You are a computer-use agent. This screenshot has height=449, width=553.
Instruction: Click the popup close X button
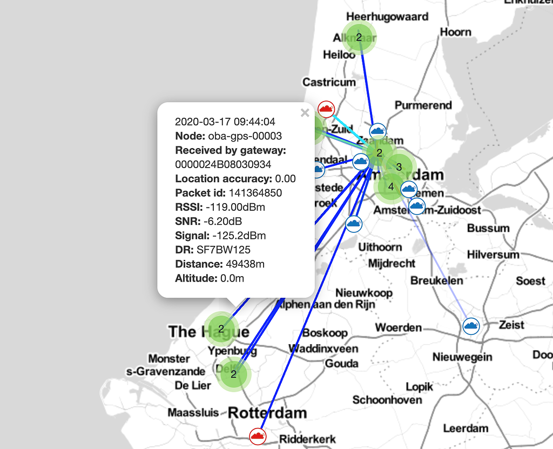(305, 112)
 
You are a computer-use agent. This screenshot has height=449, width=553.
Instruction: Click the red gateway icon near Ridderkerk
(258, 435)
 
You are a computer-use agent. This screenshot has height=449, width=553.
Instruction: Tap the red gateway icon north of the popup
(326, 109)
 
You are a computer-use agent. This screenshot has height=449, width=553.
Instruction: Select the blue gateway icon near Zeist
(471, 325)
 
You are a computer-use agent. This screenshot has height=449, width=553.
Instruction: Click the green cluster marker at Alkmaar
(359, 37)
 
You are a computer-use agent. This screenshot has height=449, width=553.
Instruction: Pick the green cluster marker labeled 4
(390, 186)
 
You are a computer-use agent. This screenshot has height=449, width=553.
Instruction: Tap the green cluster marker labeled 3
(399, 167)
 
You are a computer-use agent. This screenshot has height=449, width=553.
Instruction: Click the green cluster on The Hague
(221, 329)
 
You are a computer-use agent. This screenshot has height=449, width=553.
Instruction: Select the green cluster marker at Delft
(234, 374)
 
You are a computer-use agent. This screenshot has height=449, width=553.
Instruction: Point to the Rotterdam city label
(267, 413)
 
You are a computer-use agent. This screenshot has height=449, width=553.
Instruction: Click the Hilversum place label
(493, 254)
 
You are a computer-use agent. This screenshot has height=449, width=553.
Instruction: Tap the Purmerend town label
(423, 105)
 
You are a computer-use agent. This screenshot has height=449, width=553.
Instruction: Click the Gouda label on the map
(341, 364)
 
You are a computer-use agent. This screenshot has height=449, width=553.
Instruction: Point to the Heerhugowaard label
(387, 16)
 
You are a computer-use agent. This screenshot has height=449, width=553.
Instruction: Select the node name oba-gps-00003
(245, 136)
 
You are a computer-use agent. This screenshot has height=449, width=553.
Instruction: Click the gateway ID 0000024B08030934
(223, 164)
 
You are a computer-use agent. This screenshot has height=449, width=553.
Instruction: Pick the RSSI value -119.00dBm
(235, 207)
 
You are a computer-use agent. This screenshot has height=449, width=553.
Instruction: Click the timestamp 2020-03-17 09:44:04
(225, 122)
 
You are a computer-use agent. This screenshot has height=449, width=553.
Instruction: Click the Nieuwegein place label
(462, 357)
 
